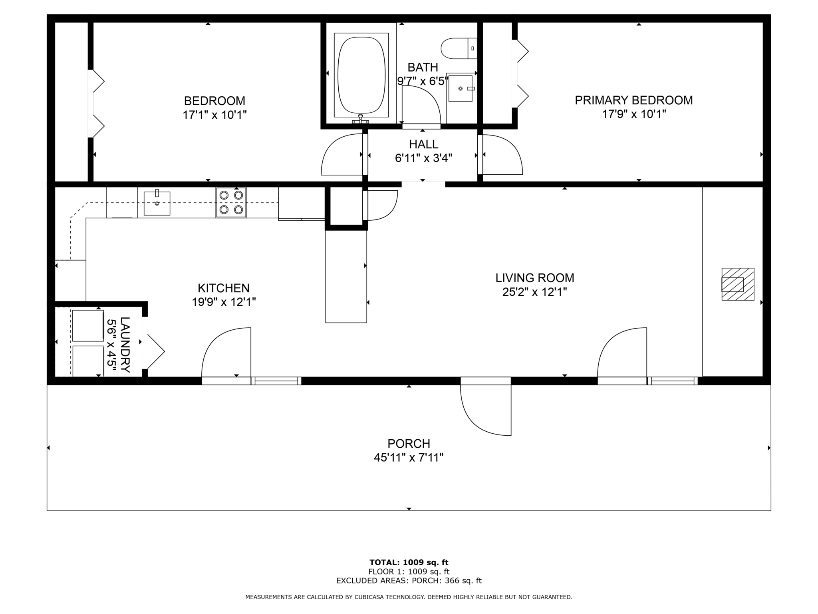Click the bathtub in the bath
point(361,75)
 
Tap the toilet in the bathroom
point(459,48)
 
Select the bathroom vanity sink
point(461,88)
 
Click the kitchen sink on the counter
point(157,203)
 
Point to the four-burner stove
point(231,202)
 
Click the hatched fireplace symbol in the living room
point(738,284)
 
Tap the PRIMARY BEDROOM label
point(634,100)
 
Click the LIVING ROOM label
point(535,278)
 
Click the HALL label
point(423,144)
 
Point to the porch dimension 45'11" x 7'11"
point(409,457)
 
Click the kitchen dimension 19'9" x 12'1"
point(224,302)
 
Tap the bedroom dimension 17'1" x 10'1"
point(214,115)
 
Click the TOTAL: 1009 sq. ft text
point(409,562)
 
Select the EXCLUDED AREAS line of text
point(409,581)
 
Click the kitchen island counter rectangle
point(346,276)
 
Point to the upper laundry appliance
point(88,325)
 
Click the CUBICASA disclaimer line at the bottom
point(409,597)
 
